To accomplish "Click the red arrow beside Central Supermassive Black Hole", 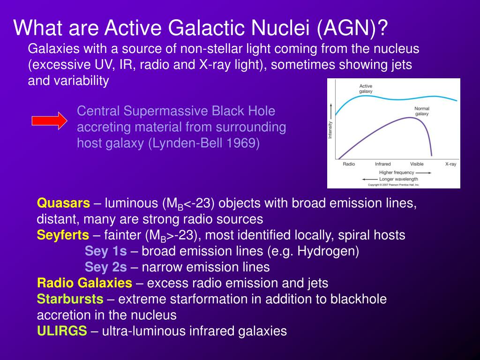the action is click(50, 120).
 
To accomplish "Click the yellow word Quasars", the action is click(63, 203).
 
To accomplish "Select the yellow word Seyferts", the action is click(63, 235).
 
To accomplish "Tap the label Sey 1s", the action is click(105, 251).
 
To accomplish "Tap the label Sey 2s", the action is click(105, 267).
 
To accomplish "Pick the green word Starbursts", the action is click(70, 299).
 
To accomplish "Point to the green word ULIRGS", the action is click(62, 331).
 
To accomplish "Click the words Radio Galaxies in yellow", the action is click(84, 283).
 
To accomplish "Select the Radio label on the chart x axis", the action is click(349, 164).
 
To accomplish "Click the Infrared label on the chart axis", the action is click(382, 164).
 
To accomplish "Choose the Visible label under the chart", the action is click(417, 164).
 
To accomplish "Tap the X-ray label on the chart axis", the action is click(450, 164).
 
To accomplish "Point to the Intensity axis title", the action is click(330, 130).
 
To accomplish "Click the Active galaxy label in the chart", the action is click(366, 89).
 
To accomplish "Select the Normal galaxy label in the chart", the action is click(422, 111).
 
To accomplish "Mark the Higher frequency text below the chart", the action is click(397, 172).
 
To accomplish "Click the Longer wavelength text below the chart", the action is click(398, 179).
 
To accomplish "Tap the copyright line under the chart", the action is click(393, 185).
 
